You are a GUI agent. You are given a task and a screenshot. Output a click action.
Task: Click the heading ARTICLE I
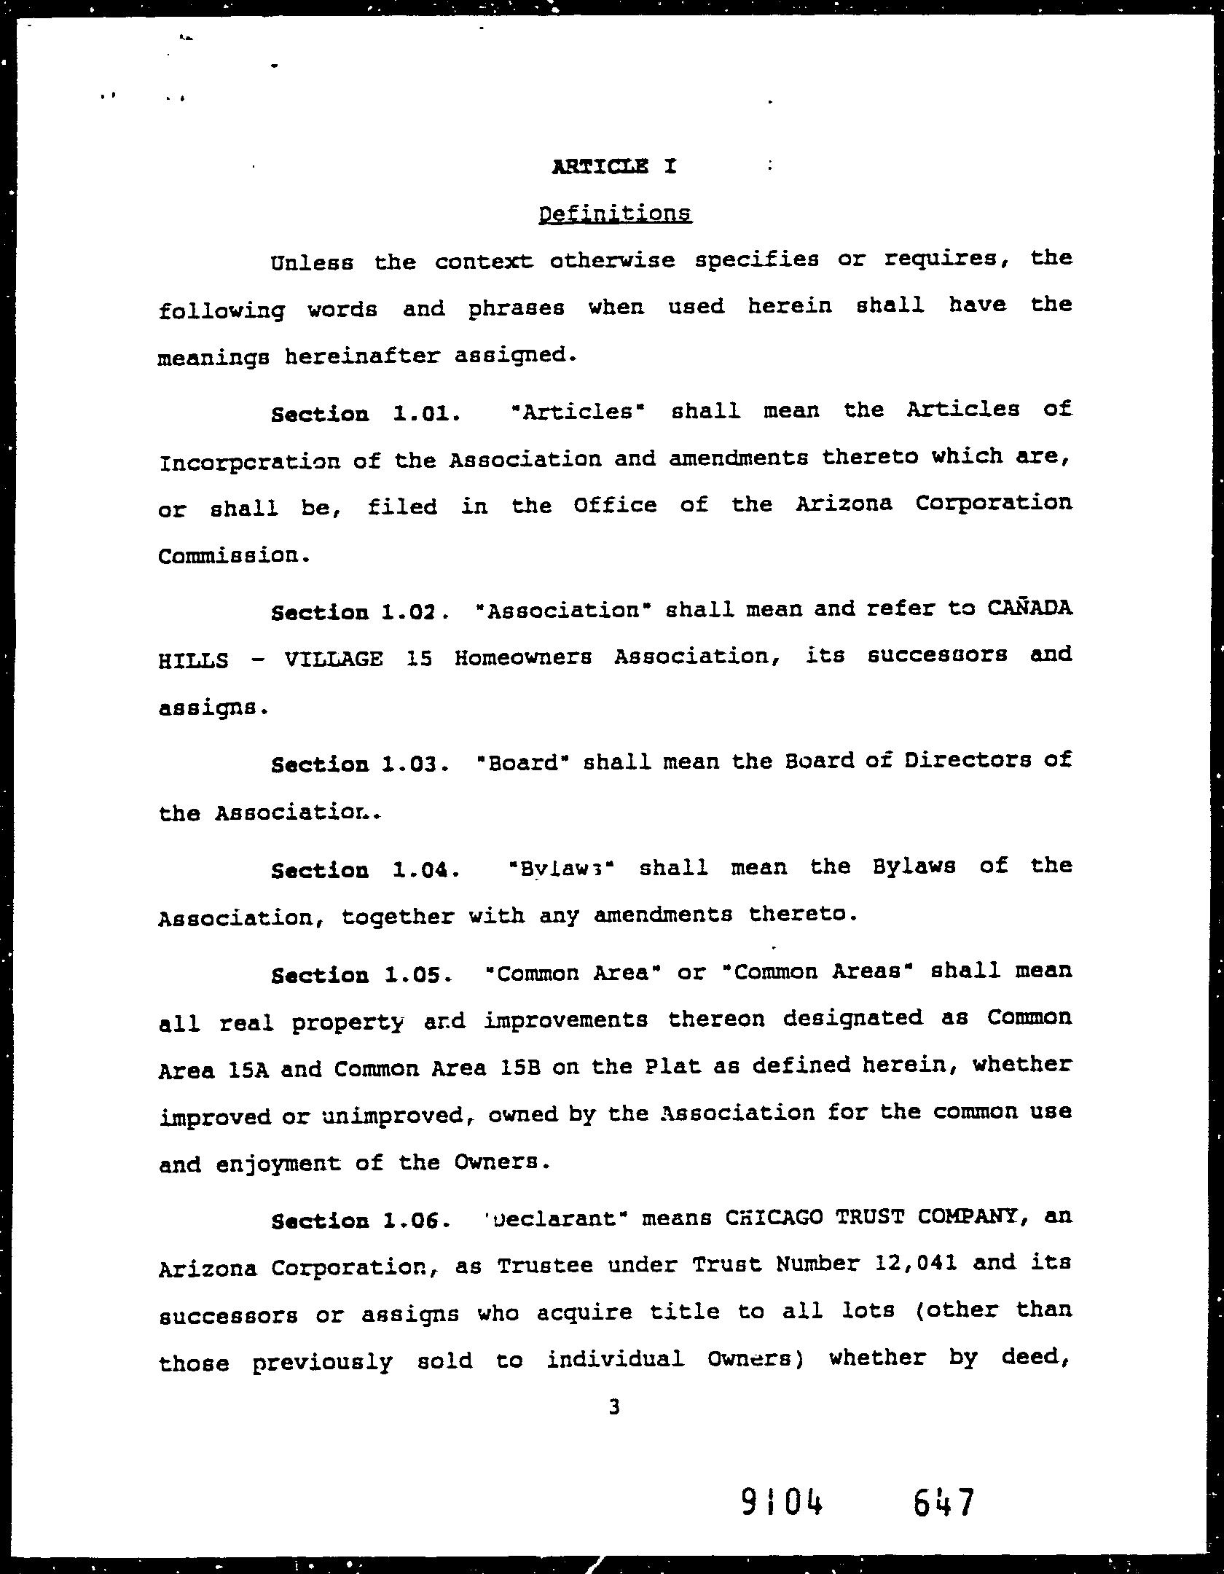point(614,167)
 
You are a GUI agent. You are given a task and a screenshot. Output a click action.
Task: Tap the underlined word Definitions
point(615,214)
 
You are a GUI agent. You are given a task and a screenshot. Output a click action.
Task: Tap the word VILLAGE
point(334,659)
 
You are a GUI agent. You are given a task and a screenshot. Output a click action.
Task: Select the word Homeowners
point(523,658)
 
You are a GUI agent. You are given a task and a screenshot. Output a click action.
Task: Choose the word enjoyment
point(278,1164)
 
